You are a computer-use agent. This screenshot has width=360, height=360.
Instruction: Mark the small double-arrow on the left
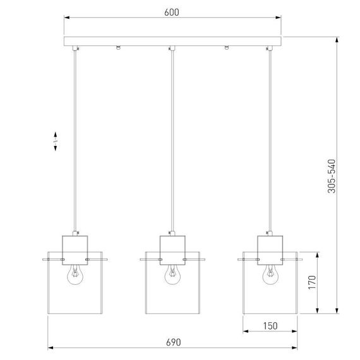click(x=55, y=141)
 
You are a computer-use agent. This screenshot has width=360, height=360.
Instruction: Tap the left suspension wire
click(x=76, y=139)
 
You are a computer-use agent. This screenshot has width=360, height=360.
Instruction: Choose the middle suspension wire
click(x=172, y=139)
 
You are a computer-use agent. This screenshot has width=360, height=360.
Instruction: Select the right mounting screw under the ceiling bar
click(x=225, y=49)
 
